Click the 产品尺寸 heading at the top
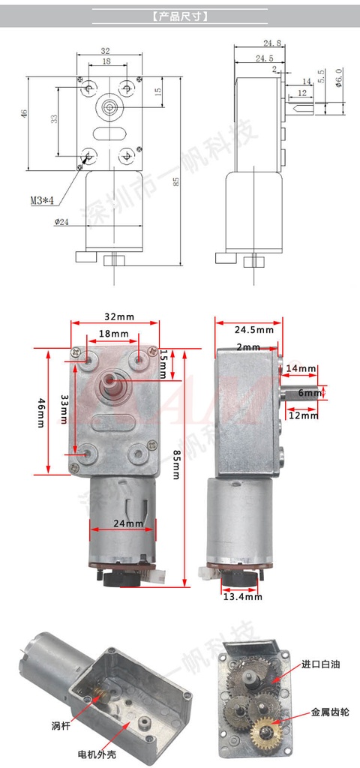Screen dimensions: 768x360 point(180,15)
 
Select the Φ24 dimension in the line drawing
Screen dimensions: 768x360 point(62,221)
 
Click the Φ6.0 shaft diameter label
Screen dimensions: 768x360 point(339,77)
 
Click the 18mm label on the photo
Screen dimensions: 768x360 point(114,333)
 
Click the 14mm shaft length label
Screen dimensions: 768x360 point(301,369)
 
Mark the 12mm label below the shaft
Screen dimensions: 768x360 point(302,415)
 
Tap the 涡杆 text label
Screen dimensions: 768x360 point(61,724)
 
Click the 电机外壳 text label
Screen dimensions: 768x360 point(97,754)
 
